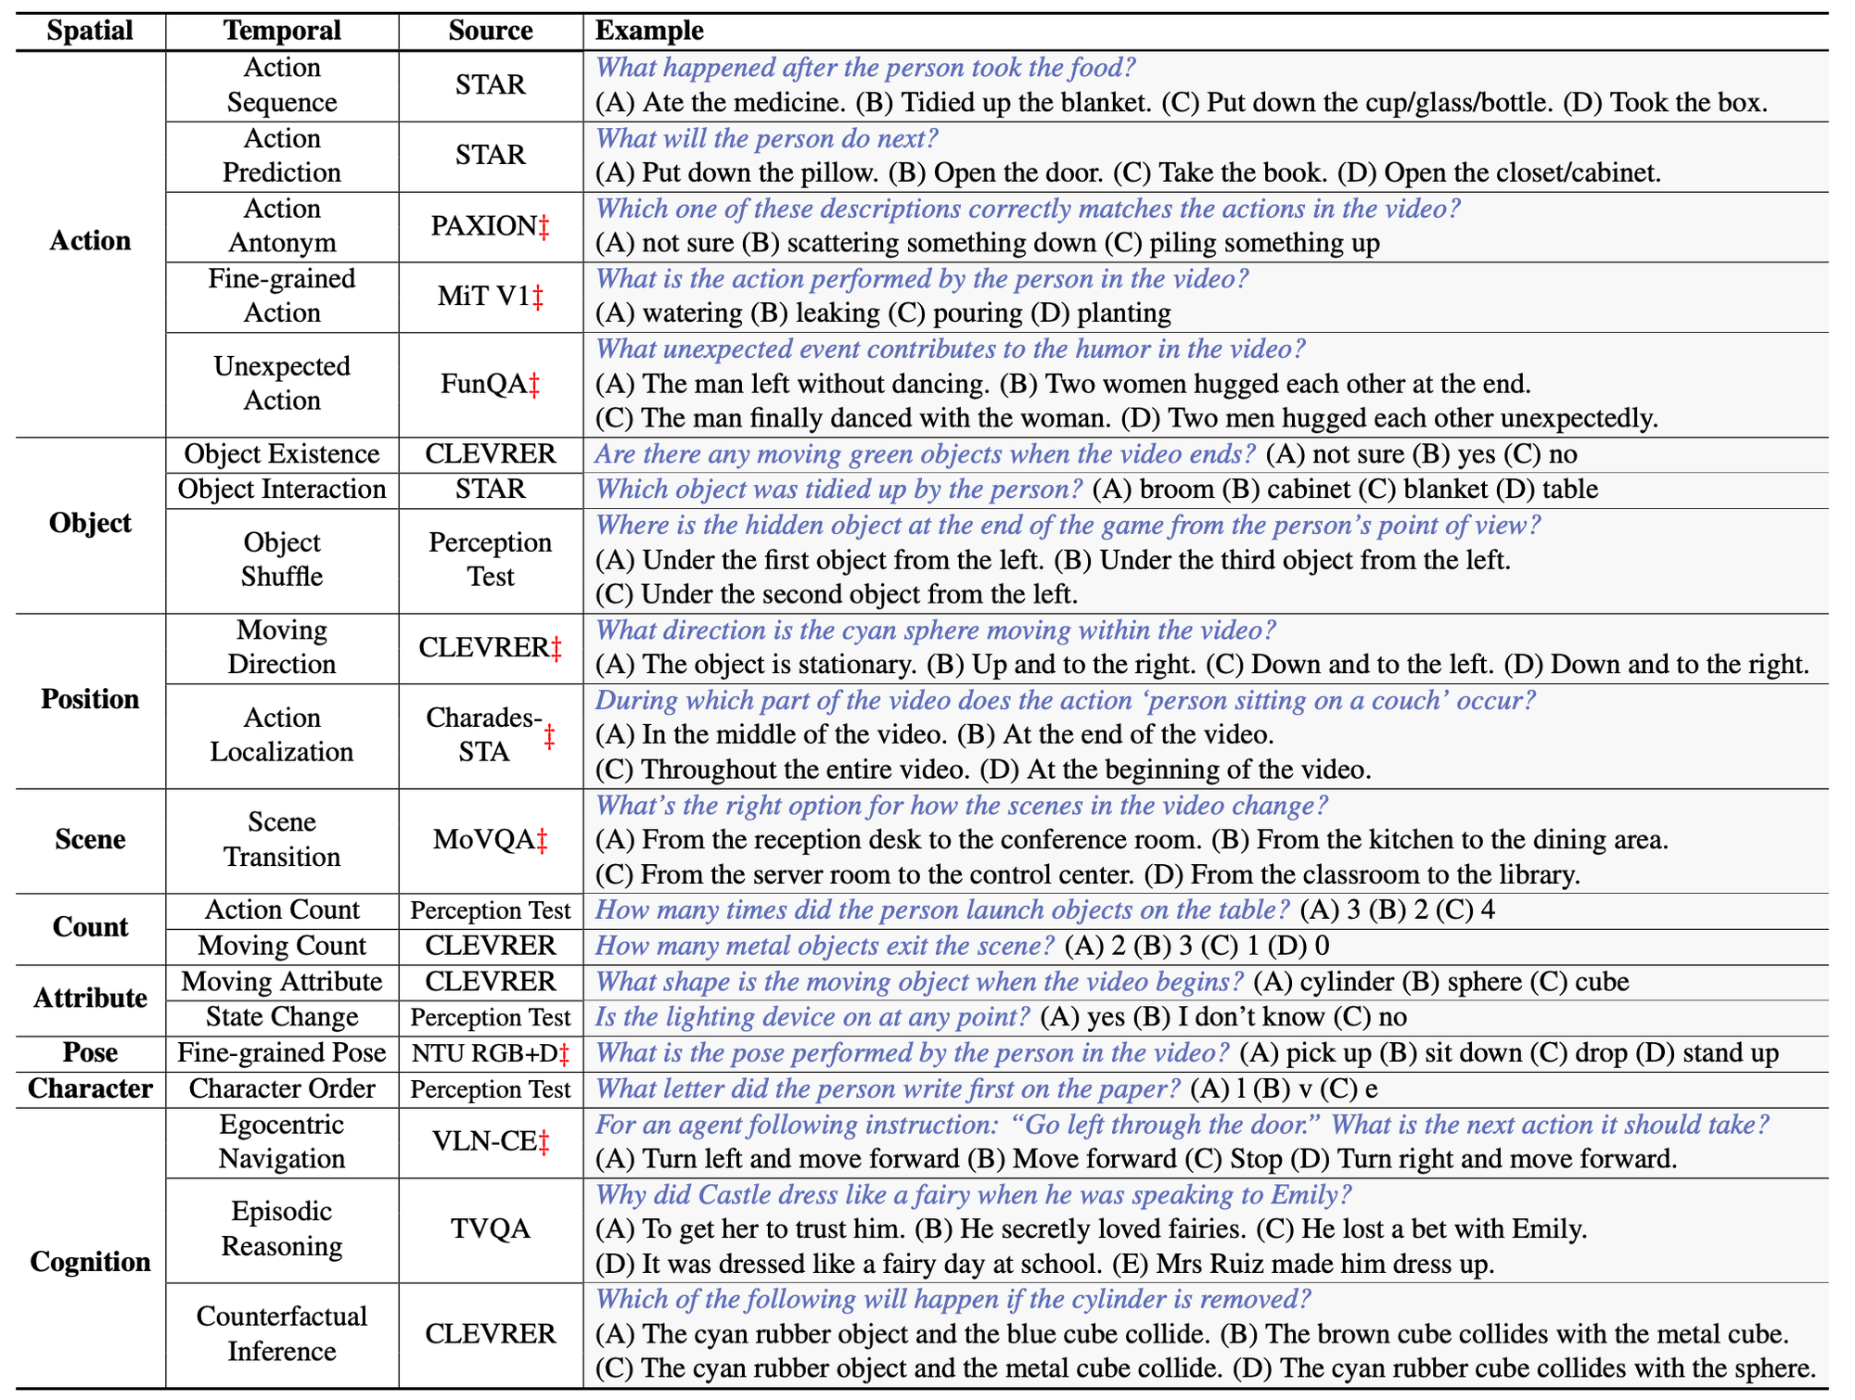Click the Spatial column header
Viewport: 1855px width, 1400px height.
90,31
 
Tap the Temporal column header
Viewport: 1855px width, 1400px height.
282,31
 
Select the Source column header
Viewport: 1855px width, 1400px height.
491,31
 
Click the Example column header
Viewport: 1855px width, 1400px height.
649,31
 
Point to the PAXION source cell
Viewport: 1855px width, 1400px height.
491,225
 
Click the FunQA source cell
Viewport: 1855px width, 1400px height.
491,384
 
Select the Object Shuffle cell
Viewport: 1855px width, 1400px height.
282,559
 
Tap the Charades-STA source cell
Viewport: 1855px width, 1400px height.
491,734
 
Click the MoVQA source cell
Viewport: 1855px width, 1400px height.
491,840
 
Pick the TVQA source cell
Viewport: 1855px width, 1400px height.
491,1229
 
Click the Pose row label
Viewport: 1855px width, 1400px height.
90,1053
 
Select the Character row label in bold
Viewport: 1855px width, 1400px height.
90,1088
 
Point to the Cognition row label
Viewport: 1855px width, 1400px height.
90,1262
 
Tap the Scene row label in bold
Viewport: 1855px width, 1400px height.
90,840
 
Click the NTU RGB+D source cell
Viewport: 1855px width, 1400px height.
491,1053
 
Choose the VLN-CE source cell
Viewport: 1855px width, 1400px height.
491,1142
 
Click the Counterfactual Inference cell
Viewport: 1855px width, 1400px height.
282,1333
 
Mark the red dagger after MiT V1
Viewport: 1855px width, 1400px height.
538,297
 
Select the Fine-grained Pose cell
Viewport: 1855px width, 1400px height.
282,1053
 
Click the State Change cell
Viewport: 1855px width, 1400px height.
282,1017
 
